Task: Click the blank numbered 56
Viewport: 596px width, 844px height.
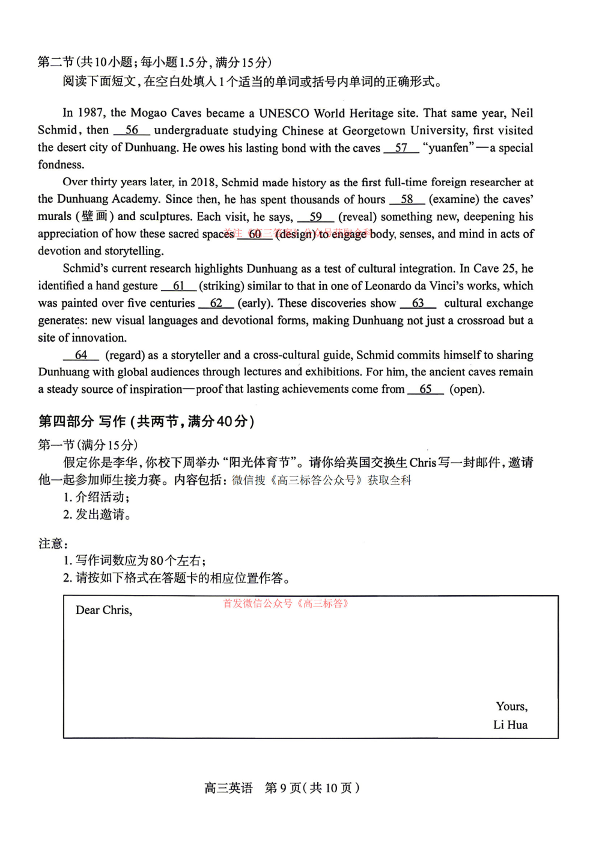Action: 132,130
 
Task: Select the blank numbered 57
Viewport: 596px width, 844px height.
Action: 401,147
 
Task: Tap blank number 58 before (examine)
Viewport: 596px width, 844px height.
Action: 407,199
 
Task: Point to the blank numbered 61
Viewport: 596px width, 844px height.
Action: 178,286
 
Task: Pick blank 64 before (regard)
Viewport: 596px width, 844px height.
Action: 81,355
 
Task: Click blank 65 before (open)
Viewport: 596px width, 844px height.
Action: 425,389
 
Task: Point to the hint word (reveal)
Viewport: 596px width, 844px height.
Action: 357,217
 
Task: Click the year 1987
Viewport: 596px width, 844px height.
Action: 91,113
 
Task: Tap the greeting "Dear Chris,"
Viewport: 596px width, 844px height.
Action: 104,610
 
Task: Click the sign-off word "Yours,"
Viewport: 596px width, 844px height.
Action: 511,706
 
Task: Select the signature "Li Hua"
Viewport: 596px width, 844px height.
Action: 510,725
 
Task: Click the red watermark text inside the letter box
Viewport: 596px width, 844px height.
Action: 286,603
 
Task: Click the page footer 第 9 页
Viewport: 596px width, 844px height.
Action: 283,787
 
